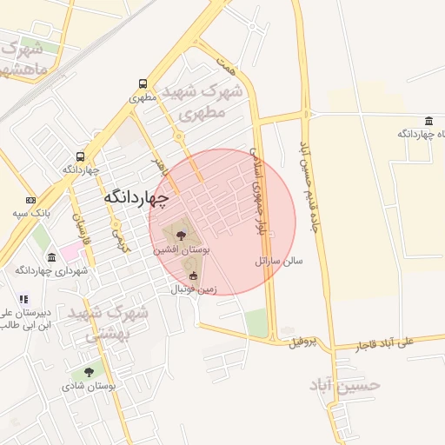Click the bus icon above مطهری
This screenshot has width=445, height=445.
pyautogui.click(x=143, y=84)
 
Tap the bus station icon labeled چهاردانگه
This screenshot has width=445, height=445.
pyautogui.click(x=81, y=157)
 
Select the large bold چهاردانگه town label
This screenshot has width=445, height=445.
pyautogui.click(x=135, y=198)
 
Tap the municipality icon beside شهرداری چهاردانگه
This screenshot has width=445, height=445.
pyautogui.click(x=52, y=258)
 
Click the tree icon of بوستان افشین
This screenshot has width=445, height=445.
pyautogui.click(x=181, y=236)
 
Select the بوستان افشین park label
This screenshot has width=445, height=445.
pyautogui.click(x=178, y=249)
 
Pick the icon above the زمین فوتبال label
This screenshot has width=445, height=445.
pyautogui.click(x=193, y=277)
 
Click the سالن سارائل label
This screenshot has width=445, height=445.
pyautogui.click(x=279, y=261)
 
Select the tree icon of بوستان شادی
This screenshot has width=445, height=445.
pyautogui.click(x=89, y=371)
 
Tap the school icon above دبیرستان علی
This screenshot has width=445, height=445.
pyautogui.click(x=23, y=299)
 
